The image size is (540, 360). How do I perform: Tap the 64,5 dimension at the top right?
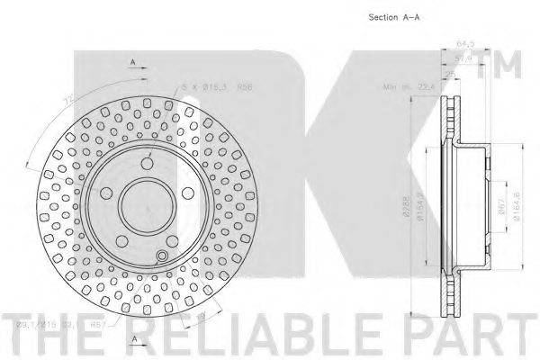(x=464, y=42)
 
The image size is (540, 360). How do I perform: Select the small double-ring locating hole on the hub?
(x=161, y=258)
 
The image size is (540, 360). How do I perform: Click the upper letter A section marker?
(x=132, y=61)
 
